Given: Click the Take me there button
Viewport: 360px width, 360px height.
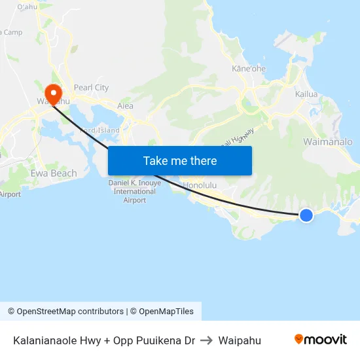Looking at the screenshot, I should click(180, 161).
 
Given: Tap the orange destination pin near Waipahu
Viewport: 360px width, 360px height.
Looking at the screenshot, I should click(53, 92).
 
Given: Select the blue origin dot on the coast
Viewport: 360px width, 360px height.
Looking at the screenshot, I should click(306, 215).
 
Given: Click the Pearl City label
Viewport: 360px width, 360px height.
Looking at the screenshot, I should click(91, 88).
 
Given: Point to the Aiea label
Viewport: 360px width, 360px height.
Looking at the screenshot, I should click(125, 106).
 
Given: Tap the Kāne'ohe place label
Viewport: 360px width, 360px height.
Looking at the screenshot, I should click(249, 68).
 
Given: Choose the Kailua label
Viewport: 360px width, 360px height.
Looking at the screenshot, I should click(306, 94).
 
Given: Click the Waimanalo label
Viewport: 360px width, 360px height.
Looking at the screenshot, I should click(327, 142).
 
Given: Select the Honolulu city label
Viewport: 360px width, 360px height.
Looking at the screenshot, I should click(200, 185).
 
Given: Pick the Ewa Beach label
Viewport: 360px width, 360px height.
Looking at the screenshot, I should click(54, 173).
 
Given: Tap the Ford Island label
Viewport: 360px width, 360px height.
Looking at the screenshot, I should click(99, 130).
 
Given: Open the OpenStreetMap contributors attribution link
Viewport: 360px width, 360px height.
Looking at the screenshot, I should click(70, 312).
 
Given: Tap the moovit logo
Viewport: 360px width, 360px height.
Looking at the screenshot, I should click(320, 340).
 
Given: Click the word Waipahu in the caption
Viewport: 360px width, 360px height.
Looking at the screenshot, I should click(240, 340).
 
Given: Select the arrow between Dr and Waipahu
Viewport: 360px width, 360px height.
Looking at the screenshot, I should click(207, 340).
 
